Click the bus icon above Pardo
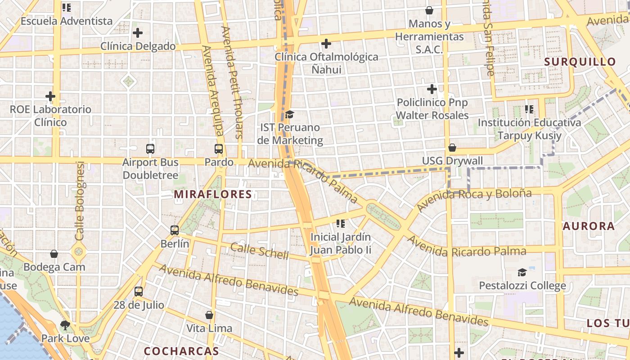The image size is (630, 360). click(219, 149)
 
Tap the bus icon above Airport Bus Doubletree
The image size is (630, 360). click(150, 149)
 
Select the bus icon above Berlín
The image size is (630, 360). click(175, 230)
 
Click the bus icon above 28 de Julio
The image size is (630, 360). click(139, 291)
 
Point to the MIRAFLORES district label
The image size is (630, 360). click(213, 194)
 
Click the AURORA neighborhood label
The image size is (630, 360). click(589, 226)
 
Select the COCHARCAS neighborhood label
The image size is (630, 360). click(181, 351)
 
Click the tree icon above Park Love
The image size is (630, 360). click(65, 325)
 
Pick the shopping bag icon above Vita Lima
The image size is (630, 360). click(209, 315)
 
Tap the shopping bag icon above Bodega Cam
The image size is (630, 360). click(54, 254)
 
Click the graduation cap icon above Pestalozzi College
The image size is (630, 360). click(522, 272)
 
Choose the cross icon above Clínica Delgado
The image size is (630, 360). click(138, 33)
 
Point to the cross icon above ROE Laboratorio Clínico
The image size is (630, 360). click(50, 96)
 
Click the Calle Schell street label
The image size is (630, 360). click(260, 251)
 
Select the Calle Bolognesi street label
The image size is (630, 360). click(80, 201)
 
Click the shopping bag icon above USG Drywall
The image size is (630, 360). click(452, 148)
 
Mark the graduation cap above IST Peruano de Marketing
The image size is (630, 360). click(289, 115)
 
